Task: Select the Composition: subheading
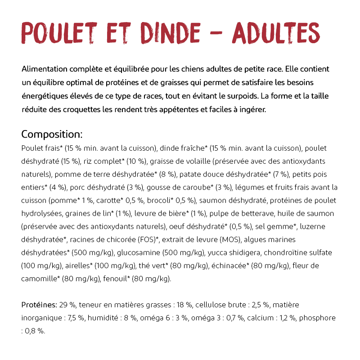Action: (x=52, y=135)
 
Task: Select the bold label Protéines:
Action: (x=39, y=305)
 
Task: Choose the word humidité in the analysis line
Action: (x=108, y=318)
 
